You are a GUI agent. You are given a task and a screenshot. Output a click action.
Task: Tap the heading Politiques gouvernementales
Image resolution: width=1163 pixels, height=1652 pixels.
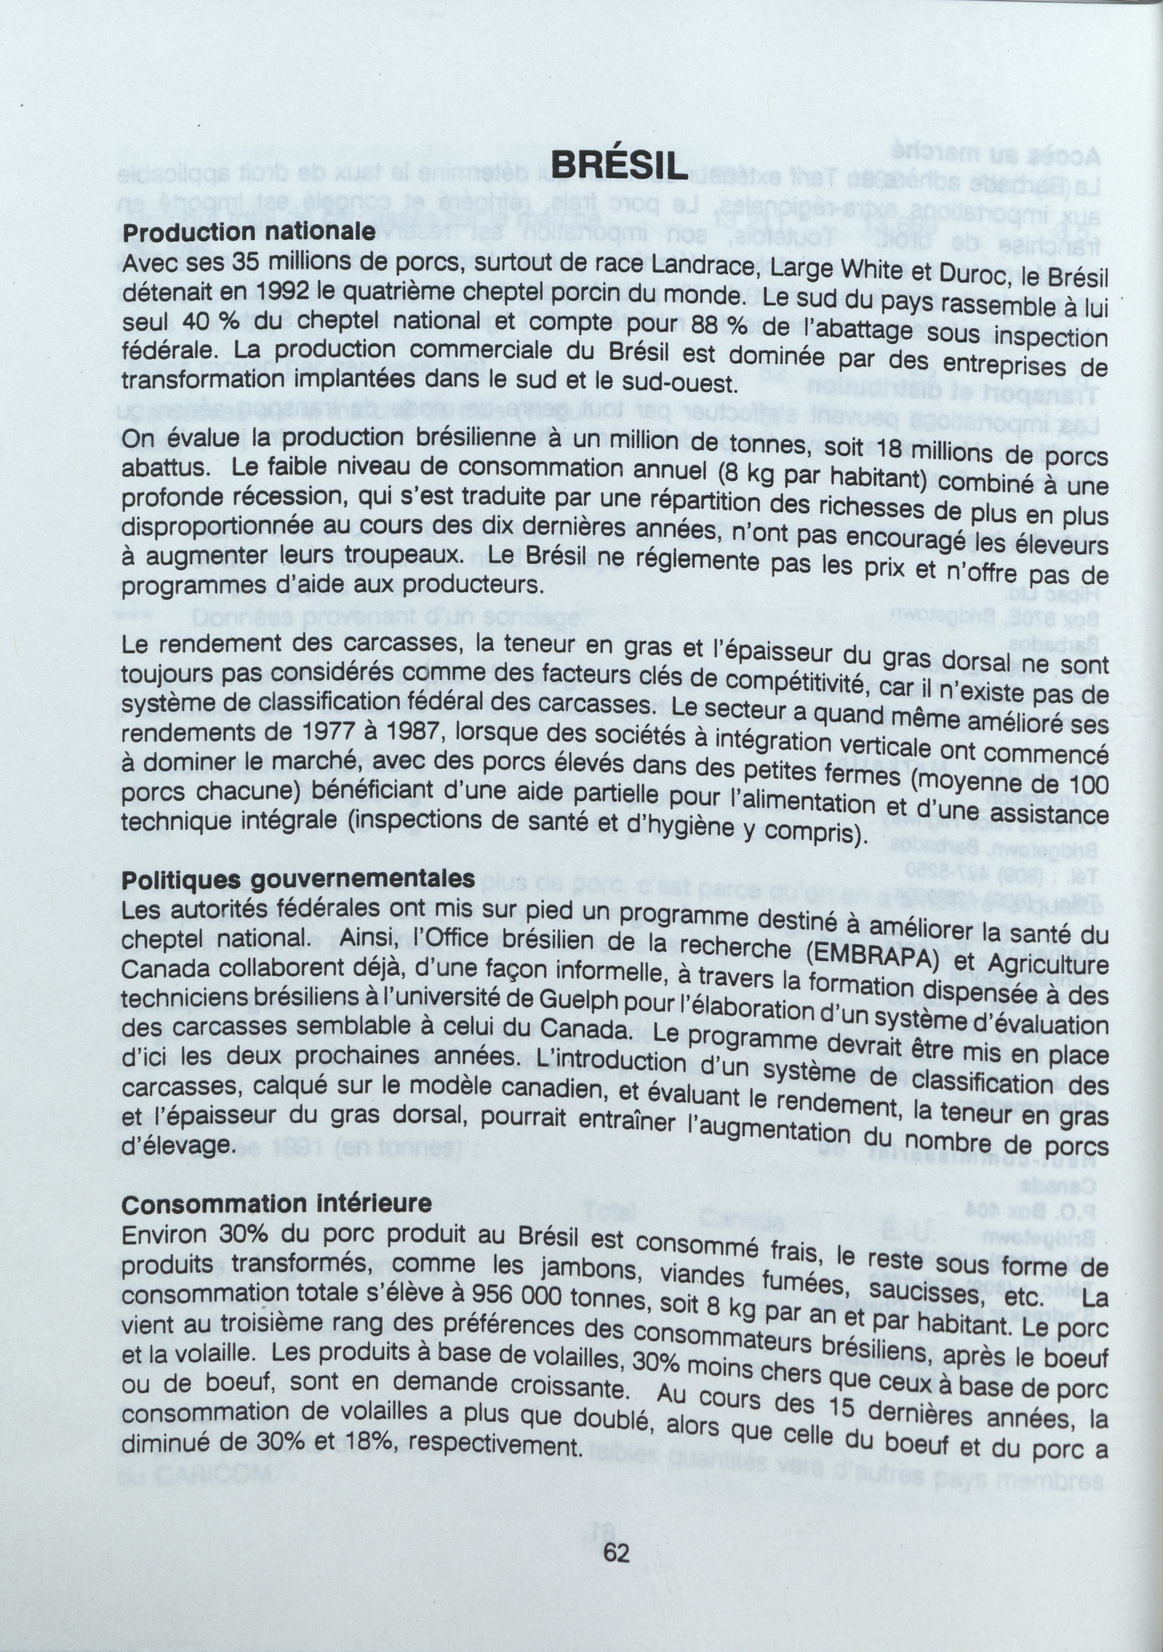298,879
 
